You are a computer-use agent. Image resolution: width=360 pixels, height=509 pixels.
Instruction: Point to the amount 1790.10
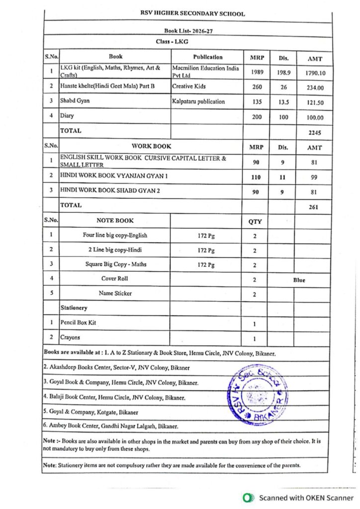(x=315, y=73)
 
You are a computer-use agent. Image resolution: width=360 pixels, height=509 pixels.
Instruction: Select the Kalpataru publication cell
(x=198, y=101)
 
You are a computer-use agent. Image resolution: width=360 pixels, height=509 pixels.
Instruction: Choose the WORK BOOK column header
(x=151, y=146)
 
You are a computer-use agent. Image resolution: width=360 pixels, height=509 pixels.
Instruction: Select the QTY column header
(x=255, y=222)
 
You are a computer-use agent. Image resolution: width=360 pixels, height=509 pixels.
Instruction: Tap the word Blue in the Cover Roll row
(x=299, y=280)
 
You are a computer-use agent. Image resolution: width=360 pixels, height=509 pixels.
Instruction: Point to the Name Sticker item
(x=115, y=293)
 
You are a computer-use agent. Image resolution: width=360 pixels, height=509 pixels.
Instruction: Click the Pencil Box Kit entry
(x=78, y=323)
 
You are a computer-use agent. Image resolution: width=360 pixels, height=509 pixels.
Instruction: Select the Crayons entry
(x=70, y=337)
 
